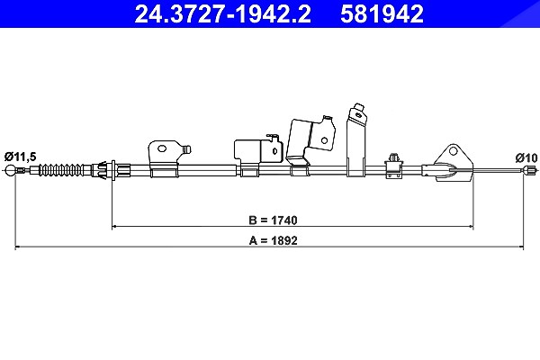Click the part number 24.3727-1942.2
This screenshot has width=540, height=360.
coord(222,14)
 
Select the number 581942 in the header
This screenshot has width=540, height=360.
coord(382,14)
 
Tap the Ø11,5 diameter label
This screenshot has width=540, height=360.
coord(21,157)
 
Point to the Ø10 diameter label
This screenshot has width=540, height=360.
coord(526,157)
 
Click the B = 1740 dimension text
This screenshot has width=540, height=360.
coord(273,220)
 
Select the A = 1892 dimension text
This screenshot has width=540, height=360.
coord(273,240)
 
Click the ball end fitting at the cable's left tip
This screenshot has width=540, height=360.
coord(11,170)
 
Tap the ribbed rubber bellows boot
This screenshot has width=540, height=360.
coord(60,170)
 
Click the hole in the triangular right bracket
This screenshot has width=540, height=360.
coord(454,151)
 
